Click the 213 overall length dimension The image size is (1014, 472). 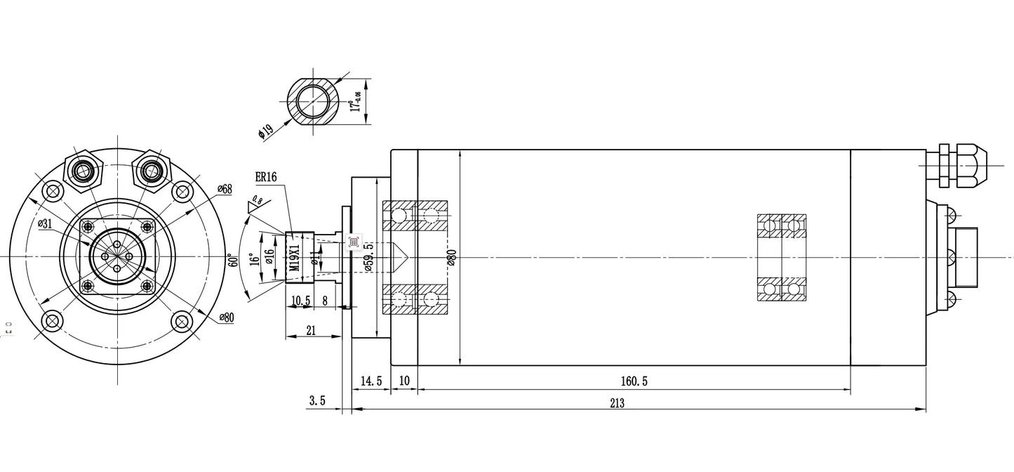(x=617, y=403)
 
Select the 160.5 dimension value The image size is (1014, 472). (x=633, y=381)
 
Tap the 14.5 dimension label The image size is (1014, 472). (x=370, y=381)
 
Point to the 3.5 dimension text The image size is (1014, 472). (x=316, y=401)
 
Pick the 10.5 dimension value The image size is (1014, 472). (x=300, y=301)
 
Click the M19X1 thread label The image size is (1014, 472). (x=295, y=258)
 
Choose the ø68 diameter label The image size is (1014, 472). (x=225, y=189)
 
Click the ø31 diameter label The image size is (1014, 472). (x=46, y=224)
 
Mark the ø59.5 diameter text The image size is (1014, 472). (x=369, y=258)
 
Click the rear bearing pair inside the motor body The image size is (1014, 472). (x=781, y=258)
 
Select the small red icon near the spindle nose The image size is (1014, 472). (x=353, y=242)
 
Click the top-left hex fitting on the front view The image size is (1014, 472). (x=84, y=169)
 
